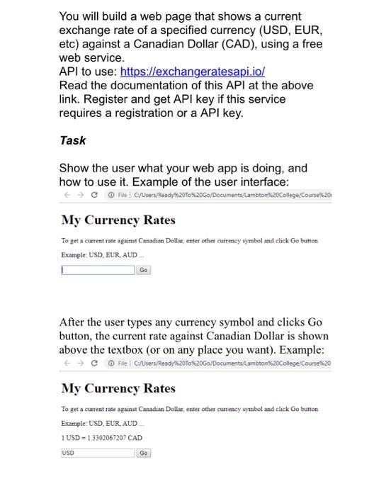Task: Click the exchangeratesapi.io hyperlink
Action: click(193, 72)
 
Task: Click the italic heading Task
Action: click(72, 140)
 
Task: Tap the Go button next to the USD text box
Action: click(144, 453)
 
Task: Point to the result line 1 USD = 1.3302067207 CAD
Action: click(102, 438)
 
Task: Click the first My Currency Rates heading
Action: click(118, 220)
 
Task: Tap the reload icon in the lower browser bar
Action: click(94, 363)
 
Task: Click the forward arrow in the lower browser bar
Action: click(81, 363)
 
